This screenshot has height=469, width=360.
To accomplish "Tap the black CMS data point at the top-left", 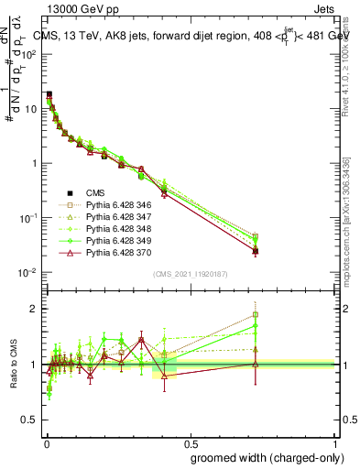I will click(x=49, y=94).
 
